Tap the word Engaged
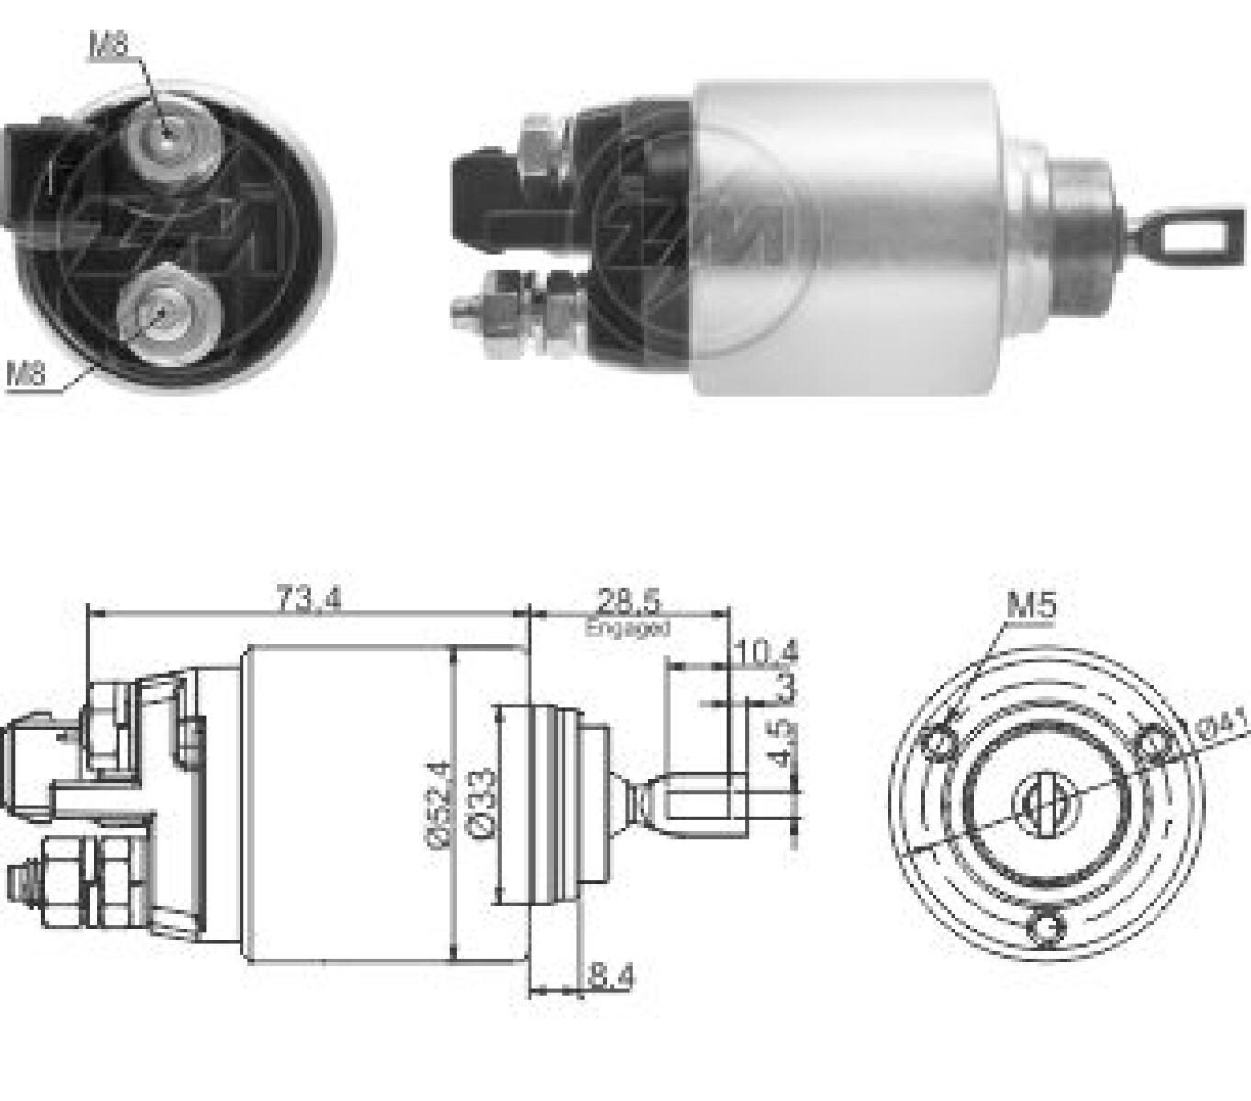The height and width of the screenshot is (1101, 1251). point(628,628)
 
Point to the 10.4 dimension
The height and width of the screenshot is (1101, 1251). point(766,652)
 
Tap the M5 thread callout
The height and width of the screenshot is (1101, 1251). point(1032,605)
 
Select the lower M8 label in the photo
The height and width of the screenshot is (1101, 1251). point(26,373)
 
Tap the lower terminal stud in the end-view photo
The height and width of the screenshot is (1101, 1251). point(162,314)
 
